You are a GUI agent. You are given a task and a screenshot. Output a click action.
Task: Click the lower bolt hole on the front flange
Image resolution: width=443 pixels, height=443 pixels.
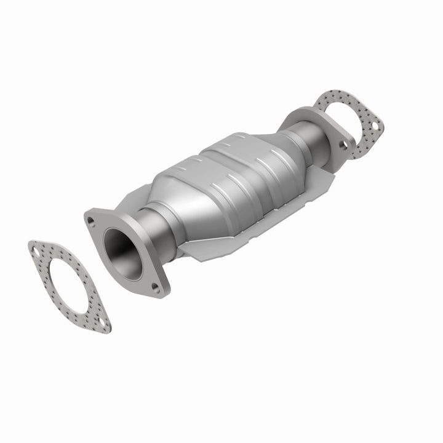pos(155,286)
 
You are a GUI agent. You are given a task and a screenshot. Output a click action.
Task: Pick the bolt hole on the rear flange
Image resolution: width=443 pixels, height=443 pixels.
pos(343,145)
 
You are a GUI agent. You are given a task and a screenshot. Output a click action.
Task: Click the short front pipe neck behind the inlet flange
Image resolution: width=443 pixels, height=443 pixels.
pos(158,227)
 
